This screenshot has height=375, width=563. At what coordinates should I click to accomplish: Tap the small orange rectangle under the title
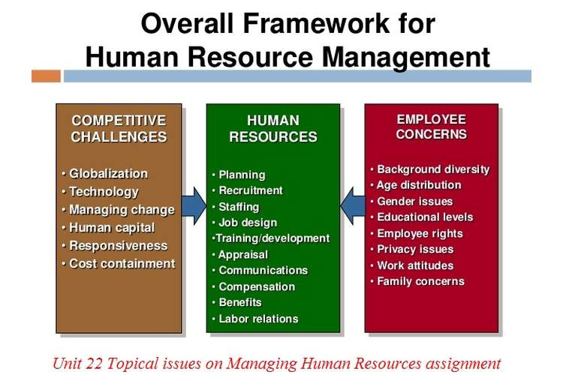tap(46, 76)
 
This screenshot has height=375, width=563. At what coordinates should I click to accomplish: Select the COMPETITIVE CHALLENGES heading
tap(119, 128)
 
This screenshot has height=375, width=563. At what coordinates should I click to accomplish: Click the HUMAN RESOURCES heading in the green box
tap(273, 128)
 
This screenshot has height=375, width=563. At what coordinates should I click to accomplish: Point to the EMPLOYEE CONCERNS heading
tap(431, 127)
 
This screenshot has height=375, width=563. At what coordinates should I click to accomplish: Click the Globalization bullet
tap(104, 174)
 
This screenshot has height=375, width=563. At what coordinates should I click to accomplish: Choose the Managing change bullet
tap(118, 209)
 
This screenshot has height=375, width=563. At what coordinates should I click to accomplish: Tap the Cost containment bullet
tap(118, 263)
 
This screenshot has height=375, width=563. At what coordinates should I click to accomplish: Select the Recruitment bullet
tap(248, 190)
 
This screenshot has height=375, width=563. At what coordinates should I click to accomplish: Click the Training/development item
tap(271, 238)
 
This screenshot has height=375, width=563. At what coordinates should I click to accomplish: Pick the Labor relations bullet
tap(255, 319)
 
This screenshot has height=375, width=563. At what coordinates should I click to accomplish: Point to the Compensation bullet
tap(254, 286)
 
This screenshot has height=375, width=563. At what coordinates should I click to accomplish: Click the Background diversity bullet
tap(430, 169)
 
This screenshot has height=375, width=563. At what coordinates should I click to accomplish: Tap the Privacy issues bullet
tap(412, 249)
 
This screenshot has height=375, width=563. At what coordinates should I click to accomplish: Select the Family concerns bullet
tap(417, 281)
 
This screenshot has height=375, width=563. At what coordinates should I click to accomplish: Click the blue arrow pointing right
tap(194, 206)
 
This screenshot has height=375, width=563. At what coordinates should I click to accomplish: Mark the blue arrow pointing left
tap(353, 206)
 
